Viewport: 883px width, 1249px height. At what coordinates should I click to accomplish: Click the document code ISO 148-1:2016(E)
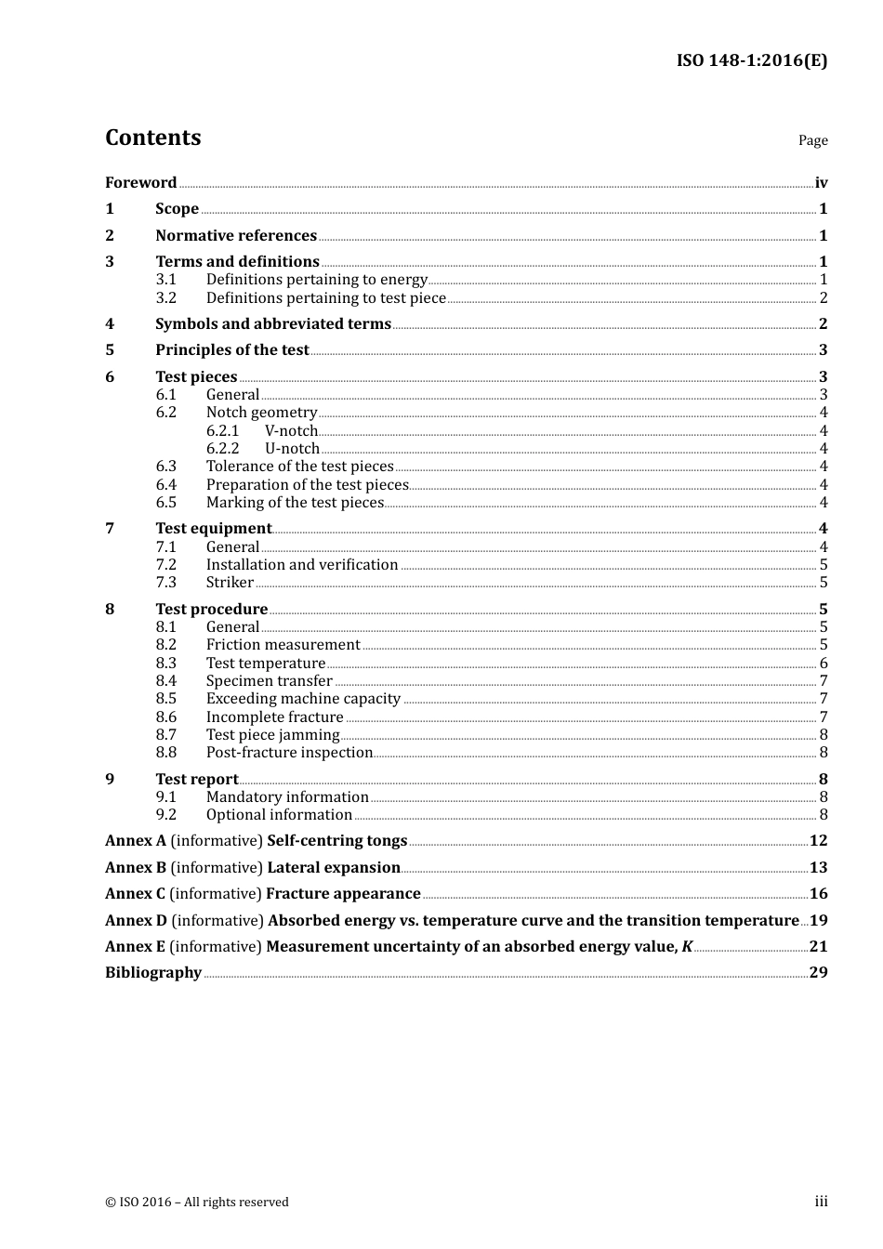click(x=751, y=61)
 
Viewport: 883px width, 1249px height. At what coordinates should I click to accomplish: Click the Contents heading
click(x=152, y=138)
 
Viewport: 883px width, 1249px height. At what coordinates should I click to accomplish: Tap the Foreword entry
click(x=140, y=183)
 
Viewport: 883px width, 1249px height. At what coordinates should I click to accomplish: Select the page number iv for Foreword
click(x=821, y=183)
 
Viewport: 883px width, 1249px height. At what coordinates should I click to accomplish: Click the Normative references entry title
click(x=236, y=236)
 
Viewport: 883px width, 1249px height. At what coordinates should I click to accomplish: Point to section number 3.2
click(x=165, y=298)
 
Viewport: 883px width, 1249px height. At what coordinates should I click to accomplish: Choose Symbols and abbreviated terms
click(x=273, y=324)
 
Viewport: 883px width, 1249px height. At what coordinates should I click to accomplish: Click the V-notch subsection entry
click(x=291, y=431)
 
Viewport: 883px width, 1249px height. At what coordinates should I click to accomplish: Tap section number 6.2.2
click(x=222, y=449)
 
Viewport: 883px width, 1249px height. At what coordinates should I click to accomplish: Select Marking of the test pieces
click(x=295, y=503)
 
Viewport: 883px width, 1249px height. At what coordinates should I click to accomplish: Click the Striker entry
click(x=230, y=583)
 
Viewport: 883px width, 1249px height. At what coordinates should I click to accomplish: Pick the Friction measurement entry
click(x=283, y=645)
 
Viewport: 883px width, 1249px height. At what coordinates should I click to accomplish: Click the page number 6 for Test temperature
click(x=824, y=664)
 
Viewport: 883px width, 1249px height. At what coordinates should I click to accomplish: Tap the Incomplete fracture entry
click(x=274, y=717)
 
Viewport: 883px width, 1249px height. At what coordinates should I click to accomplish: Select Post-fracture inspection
click(x=289, y=753)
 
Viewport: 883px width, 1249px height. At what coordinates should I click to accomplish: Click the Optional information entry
click(x=279, y=815)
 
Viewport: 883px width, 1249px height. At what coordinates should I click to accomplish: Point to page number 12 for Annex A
click(x=818, y=841)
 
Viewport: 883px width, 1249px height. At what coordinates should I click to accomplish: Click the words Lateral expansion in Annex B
click(x=333, y=868)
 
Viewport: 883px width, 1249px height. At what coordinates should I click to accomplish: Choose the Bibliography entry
click(x=153, y=973)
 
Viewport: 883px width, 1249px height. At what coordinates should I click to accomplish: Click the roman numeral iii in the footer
click(x=821, y=1202)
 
